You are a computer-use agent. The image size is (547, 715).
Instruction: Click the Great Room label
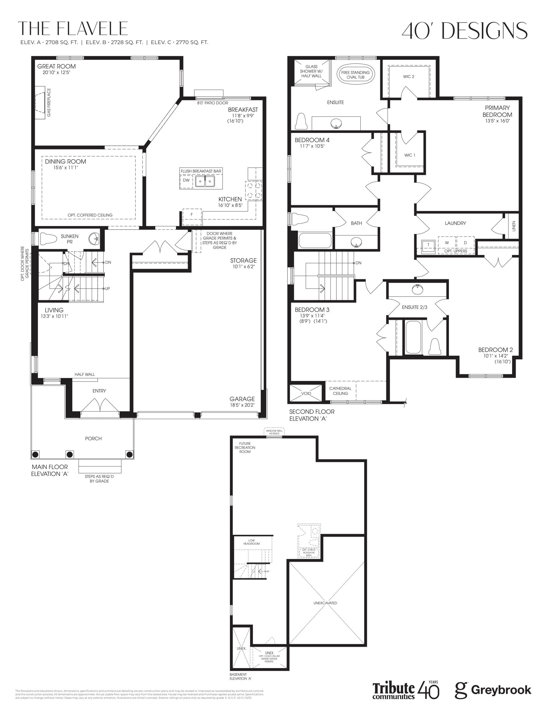(x=56, y=66)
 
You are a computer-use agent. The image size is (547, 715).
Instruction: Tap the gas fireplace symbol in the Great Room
(x=41, y=103)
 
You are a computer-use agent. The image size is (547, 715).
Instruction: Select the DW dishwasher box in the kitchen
(x=186, y=180)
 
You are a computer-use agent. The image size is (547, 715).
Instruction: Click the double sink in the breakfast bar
(x=205, y=181)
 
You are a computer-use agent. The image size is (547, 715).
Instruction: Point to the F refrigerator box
(x=192, y=215)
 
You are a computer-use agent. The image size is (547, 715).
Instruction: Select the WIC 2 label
(x=409, y=77)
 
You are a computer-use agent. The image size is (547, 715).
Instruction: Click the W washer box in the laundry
(x=447, y=243)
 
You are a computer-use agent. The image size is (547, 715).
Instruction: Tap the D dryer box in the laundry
(x=465, y=243)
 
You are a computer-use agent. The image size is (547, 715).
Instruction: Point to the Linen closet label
(x=514, y=226)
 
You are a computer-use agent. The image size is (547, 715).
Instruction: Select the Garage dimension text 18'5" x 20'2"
(x=242, y=405)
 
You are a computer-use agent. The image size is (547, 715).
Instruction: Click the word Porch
(x=93, y=439)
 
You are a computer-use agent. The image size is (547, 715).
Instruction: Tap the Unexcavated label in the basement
(x=325, y=603)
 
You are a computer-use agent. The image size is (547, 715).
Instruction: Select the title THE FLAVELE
(x=73, y=29)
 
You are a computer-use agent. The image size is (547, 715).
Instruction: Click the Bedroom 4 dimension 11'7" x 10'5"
(x=312, y=146)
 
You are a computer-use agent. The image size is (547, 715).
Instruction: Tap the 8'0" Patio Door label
(x=213, y=103)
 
